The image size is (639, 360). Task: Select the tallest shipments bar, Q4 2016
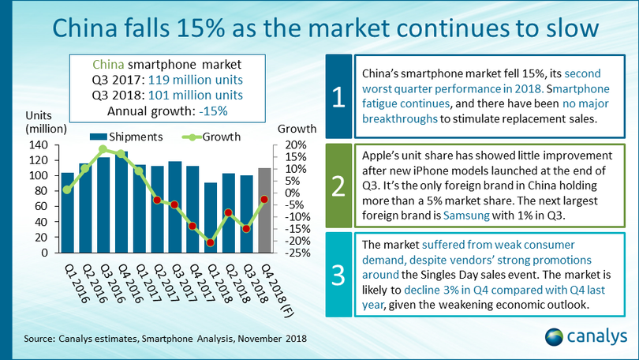(x=121, y=202)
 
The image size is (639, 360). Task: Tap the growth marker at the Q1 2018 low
(x=209, y=242)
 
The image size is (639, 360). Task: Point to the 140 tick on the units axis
(x=39, y=145)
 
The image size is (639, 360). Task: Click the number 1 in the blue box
(x=337, y=98)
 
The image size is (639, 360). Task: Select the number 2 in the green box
(x=337, y=186)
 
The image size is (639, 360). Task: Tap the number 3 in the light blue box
(x=337, y=274)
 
